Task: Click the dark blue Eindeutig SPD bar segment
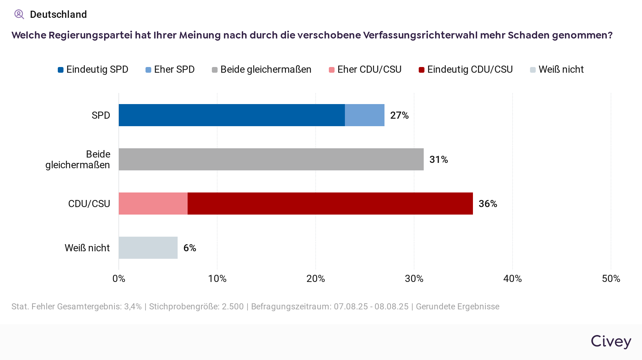coord(232,115)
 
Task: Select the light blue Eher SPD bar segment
coord(365,115)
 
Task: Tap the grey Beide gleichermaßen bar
coord(271,159)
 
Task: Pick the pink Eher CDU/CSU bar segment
coord(153,204)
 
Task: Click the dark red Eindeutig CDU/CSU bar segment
coord(330,204)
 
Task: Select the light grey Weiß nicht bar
coord(148,248)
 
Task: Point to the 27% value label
coord(399,115)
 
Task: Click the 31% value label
coord(438,159)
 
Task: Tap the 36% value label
coord(488,204)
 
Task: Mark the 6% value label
coord(190,248)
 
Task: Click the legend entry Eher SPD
coord(170,70)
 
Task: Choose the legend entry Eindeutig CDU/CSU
coord(466,70)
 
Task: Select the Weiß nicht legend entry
coord(557,70)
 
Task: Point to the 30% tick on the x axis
coord(414,278)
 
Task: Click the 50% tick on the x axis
coord(611,278)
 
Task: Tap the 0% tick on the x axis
coord(119,278)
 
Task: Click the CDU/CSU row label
coord(89,204)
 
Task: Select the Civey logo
coord(611,341)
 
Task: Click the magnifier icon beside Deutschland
coord(19,14)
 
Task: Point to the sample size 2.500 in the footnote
coord(233,307)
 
